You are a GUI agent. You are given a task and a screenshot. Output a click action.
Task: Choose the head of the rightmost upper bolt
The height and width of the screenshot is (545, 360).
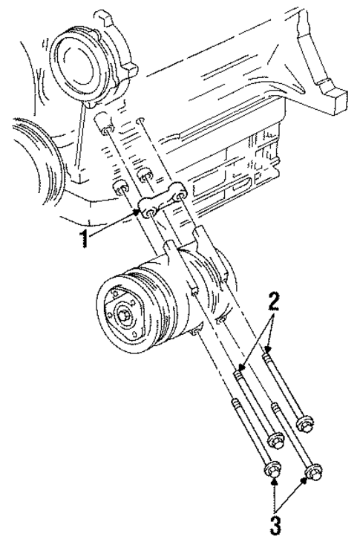[x=304, y=424]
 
